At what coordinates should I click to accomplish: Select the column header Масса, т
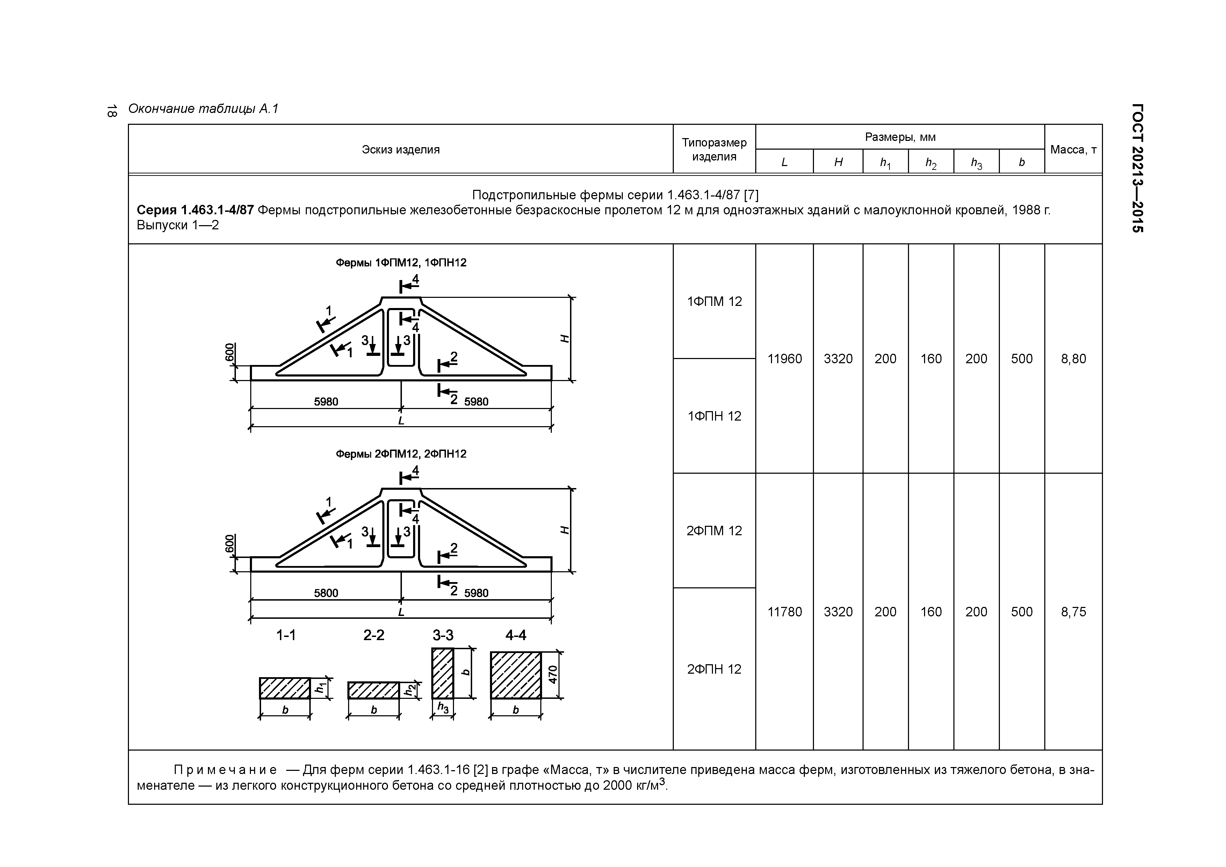tap(1073, 150)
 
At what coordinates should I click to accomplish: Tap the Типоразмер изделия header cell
tap(714, 150)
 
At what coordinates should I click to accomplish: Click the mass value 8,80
tap(1073, 359)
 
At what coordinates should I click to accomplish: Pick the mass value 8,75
tap(1073, 612)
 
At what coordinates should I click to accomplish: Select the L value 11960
tap(784, 359)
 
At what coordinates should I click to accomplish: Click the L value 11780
tap(784, 612)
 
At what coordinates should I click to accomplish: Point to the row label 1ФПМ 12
tap(714, 302)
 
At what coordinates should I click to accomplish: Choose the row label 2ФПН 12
tap(714, 669)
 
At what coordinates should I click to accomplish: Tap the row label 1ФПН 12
tap(714, 416)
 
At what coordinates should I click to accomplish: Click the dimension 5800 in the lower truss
tap(326, 593)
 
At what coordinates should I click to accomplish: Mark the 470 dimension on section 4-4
tap(553, 675)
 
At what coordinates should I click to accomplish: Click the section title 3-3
tap(443, 635)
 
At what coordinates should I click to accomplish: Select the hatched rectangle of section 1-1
tap(284, 688)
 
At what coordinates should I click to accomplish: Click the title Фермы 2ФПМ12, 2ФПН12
tap(401, 454)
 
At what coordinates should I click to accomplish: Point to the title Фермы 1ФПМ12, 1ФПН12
tap(401, 263)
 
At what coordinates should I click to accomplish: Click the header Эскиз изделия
tap(401, 150)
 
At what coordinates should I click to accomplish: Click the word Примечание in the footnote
tap(225, 770)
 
